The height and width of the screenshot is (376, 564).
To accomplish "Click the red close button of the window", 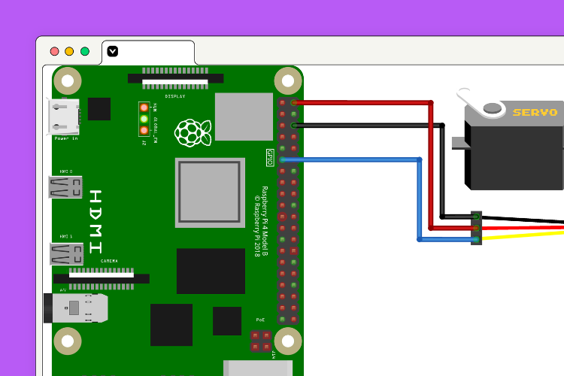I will pos(54,52).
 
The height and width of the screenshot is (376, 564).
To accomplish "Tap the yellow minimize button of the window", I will pos(69,52).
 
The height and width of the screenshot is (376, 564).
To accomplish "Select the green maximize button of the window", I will pos(85,52).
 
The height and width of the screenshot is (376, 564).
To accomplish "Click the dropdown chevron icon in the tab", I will pos(113,51).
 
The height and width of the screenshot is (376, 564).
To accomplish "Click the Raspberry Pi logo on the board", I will pos(193,132).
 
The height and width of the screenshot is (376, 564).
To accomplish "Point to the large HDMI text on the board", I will pos(96,221).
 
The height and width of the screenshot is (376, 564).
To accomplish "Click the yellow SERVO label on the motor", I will pos(535,113).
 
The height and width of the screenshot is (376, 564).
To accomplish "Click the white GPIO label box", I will pos(270,157).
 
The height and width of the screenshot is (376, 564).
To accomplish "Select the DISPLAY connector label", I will pos(175,96).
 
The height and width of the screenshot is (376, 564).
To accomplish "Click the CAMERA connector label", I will pos(109,261).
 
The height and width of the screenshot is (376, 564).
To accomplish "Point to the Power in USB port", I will pos(65,117).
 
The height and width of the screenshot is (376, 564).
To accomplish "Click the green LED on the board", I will pos(144,119).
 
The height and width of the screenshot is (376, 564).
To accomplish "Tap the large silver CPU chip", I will pos(210,192).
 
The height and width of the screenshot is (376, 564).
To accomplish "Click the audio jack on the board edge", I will pos(75,308).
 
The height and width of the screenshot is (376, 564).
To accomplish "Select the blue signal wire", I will pos(353,159).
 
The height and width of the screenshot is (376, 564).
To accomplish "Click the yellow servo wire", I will pos(526,235).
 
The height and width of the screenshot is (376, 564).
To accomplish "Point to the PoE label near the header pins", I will pos(260,320).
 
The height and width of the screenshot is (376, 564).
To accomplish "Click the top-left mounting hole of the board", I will pos(68,80).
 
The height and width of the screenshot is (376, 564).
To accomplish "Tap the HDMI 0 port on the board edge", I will pos(65,186).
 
